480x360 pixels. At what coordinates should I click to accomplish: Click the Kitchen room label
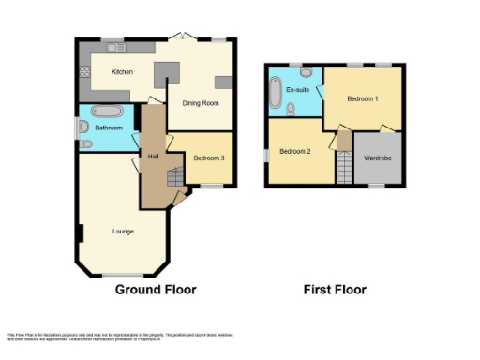coord(122,72)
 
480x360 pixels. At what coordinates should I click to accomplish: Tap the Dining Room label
coord(201,104)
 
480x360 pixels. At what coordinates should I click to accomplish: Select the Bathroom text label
coord(109,127)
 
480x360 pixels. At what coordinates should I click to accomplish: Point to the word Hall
coord(152,157)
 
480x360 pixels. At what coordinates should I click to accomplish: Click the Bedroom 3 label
coord(209,158)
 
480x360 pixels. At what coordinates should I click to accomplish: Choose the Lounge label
coord(123,232)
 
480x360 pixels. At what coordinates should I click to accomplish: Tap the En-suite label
coord(298,89)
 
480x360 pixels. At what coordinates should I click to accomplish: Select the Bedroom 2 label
coord(295,151)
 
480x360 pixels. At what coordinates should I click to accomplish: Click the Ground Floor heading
coord(156,290)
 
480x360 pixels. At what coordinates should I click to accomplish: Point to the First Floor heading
coord(335,290)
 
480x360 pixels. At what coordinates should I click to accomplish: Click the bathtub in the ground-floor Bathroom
coord(106,112)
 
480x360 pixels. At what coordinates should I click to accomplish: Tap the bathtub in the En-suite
coord(277,92)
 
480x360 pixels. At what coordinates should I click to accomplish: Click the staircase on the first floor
coord(344,168)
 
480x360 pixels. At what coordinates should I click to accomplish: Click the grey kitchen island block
coord(167,72)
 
